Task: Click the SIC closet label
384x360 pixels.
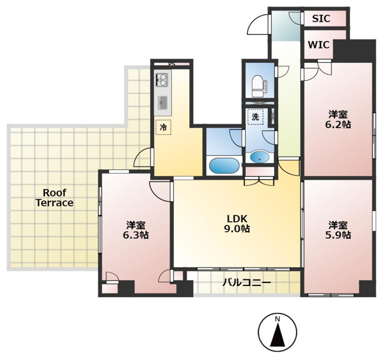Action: click(321, 19)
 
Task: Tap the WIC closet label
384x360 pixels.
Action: click(319, 45)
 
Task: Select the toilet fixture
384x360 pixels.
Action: click(259, 86)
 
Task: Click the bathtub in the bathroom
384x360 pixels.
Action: click(224, 166)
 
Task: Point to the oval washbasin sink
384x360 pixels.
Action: click(259, 157)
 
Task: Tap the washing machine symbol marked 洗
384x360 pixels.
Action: click(256, 117)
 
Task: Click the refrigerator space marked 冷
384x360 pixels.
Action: click(163, 127)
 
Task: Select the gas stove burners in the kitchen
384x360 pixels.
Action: click(162, 80)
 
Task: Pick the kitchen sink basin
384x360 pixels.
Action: click(163, 103)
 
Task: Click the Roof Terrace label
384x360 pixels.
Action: click(55, 198)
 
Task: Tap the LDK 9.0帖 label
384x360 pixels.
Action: click(237, 224)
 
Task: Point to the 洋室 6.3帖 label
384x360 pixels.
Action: click(136, 230)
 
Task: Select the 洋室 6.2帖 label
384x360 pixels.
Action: click(338, 119)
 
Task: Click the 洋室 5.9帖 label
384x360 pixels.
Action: click(338, 230)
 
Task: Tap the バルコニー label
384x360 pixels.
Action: click(247, 283)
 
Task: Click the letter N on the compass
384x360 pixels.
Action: click(277, 319)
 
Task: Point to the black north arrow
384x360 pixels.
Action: click(277, 335)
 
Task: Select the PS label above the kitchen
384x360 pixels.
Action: click(172, 64)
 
